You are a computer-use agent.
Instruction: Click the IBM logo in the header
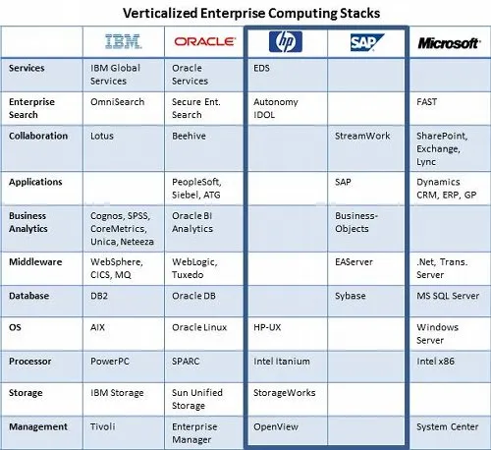point(123,41)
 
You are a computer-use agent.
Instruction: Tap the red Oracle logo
point(205,41)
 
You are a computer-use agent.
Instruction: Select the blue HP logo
point(286,41)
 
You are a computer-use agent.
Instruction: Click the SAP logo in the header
point(367,42)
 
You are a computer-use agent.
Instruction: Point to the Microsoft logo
point(449,43)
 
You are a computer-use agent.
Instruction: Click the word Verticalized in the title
point(160,14)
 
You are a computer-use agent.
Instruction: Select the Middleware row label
point(35,262)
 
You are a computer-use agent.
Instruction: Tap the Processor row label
point(30,362)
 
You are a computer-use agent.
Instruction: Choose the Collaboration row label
point(38,136)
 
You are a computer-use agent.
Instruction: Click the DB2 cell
point(99,296)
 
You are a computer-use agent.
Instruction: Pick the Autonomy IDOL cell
point(276,108)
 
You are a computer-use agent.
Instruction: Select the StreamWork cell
point(362,136)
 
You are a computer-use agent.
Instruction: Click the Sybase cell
point(351,296)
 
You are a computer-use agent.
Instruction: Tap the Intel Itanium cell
point(282,362)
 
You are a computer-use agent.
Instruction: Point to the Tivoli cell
point(103,426)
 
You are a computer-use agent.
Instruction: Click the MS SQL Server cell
point(448,296)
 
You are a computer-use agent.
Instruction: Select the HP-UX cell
point(267,327)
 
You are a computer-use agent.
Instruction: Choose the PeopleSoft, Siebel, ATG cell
point(196,189)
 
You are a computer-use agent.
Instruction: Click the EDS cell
point(261,68)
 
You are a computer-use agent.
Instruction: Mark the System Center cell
point(448,427)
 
